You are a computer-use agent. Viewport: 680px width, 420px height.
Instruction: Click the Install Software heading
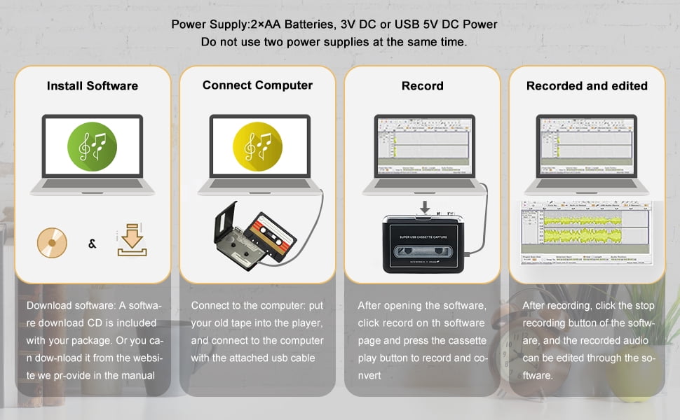93,86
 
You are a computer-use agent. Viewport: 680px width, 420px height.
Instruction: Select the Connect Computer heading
257,85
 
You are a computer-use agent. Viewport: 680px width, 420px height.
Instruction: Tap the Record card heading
422,86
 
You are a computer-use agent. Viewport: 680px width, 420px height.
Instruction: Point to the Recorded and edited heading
587,86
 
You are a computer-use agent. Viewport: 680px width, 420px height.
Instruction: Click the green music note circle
92,146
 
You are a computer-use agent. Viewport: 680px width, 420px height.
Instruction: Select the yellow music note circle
257,146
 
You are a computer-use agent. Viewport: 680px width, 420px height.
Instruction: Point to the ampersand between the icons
92,244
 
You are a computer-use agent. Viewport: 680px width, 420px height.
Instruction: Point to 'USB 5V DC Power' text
446,24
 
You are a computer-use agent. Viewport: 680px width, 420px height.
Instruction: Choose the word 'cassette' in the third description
464,340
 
